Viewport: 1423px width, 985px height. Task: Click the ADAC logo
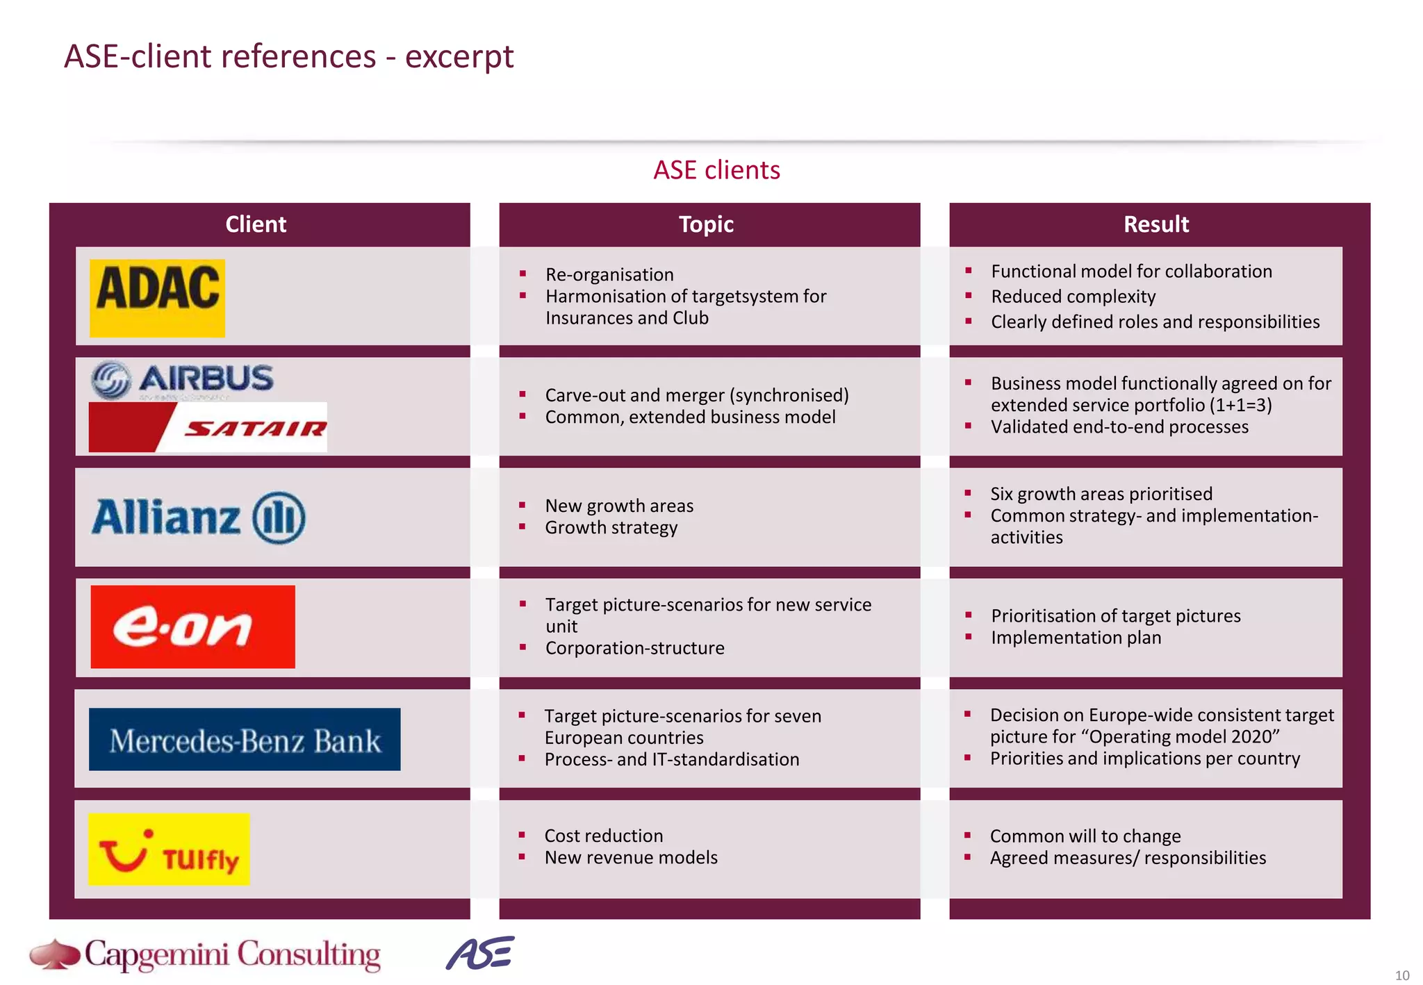click(x=157, y=298)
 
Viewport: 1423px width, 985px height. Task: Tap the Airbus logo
click(x=182, y=380)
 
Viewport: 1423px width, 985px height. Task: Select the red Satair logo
click(x=208, y=427)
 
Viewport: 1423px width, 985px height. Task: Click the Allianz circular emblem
click(x=278, y=518)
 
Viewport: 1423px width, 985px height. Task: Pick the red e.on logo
click(x=192, y=627)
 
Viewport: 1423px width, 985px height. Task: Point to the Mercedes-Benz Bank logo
click(x=245, y=739)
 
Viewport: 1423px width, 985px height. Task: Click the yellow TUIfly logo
click(x=169, y=849)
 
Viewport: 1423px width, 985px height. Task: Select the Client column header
click(x=256, y=224)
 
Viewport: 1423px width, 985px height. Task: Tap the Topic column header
click(x=706, y=224)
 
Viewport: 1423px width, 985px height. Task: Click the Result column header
click(x=1156, y=224)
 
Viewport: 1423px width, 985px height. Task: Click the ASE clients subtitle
click(x=716, y=170)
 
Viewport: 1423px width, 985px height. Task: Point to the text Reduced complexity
click(x=1073, y=297)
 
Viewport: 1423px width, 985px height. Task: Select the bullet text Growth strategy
click(x=611, y=528)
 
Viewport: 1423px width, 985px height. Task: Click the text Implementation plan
click(x=1076, y=638)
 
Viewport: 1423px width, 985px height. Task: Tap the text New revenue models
click(x=631, y=858)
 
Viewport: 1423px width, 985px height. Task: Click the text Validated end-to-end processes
click(x=1119, y=427)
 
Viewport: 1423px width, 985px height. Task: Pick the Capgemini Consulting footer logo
click(x=206, y=955)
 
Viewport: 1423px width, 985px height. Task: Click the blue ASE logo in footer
click(x=480, y=953)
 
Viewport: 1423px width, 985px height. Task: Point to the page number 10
click(x=1402, y=975)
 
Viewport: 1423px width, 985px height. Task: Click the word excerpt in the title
click(x=459, y=57)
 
